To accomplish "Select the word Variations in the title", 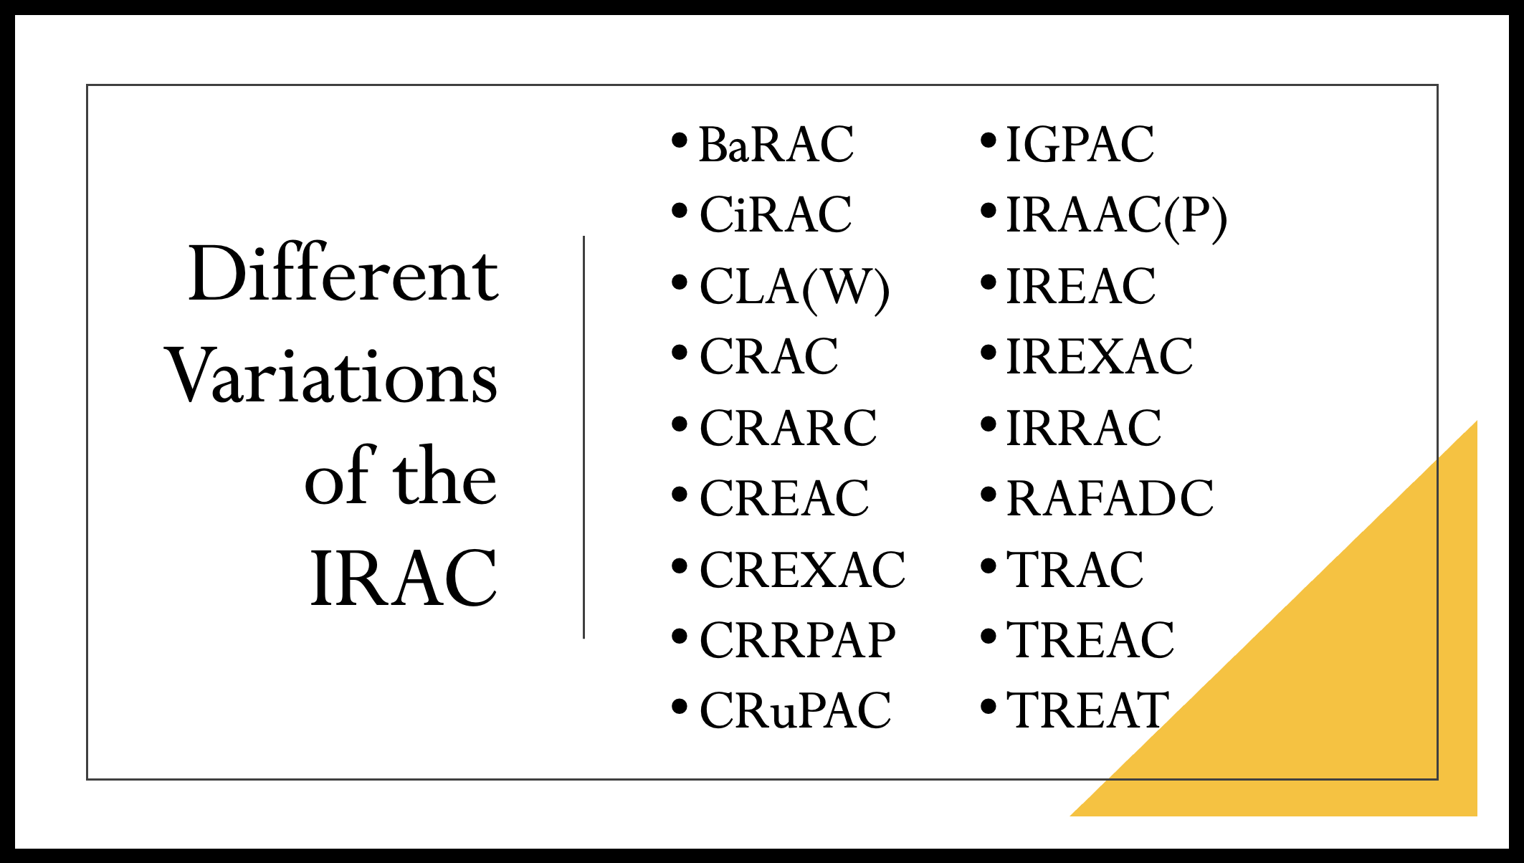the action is point(331,376).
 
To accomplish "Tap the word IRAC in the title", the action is point(404,578).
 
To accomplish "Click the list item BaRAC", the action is point(776,144).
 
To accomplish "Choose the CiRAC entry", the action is point(776,214).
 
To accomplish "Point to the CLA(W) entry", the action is point(794,288).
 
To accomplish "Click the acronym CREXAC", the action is point(802,570).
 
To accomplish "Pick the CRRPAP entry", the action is point(797,640).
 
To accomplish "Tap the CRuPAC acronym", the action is point(795,710).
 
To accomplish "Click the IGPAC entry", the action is point(1080,144).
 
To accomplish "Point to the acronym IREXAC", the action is point(1100,357).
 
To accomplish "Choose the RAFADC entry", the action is point(1110,498).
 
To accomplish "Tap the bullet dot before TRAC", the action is point(989,566).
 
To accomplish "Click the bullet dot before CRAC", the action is point(680,353).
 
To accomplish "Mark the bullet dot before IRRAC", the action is point(989,424).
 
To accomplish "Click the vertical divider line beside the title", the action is point(584,437).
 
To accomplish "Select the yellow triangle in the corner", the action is point(1340,681).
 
